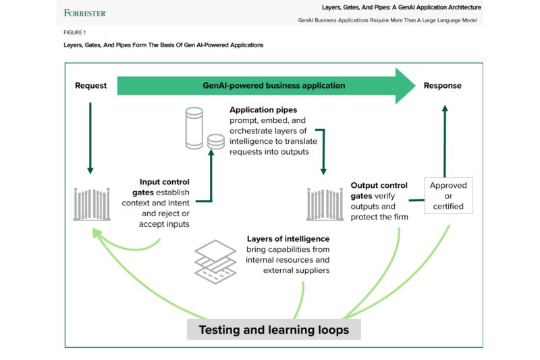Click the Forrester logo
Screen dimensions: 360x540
click(x=84, y=13)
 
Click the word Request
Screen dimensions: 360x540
click(x=90, y=86)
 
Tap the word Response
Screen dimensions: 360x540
click(x=443, y=86)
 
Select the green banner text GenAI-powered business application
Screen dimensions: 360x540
click(x=274, y=86)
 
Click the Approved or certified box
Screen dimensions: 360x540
click(x=448, y=195)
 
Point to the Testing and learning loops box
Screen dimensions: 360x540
click(x=273, y=330)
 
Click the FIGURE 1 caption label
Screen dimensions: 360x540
click(x=75, y=32)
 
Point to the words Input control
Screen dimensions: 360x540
click(x=164, y=182)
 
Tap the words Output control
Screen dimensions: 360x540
click(x=379, y=185)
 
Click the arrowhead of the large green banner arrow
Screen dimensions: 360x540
click(x=405, y=86)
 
